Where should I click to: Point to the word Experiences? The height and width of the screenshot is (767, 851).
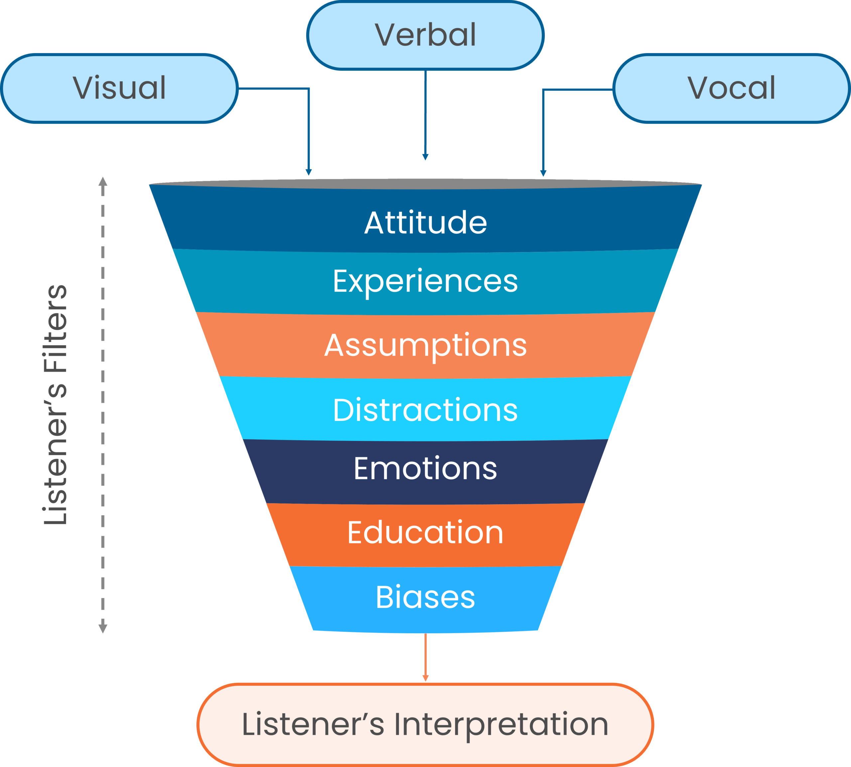pos(425,282)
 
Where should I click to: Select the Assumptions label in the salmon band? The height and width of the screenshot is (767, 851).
pos(425,346)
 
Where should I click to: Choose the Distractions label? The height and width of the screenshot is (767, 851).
pos(425,410)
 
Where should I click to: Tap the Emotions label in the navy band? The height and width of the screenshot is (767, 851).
pos(425,469)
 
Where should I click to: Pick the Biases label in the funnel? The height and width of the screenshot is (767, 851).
pos(425,597)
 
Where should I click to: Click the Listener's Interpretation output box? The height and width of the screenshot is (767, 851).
pos(425,724)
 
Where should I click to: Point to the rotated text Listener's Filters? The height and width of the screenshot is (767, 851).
pos(56,404)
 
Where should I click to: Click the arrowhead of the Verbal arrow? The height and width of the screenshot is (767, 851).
pos(425,157)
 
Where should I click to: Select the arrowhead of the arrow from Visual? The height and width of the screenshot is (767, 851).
pos(308,172)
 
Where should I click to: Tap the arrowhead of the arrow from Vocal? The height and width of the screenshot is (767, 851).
pos(543,173)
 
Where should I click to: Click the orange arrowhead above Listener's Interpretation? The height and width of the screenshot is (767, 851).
pos(425,678)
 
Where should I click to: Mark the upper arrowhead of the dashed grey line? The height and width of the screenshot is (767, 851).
pos(103,182)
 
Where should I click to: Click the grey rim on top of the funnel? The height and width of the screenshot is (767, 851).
pos(425,184)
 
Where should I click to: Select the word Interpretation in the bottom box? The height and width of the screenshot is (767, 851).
pos(501,724)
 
